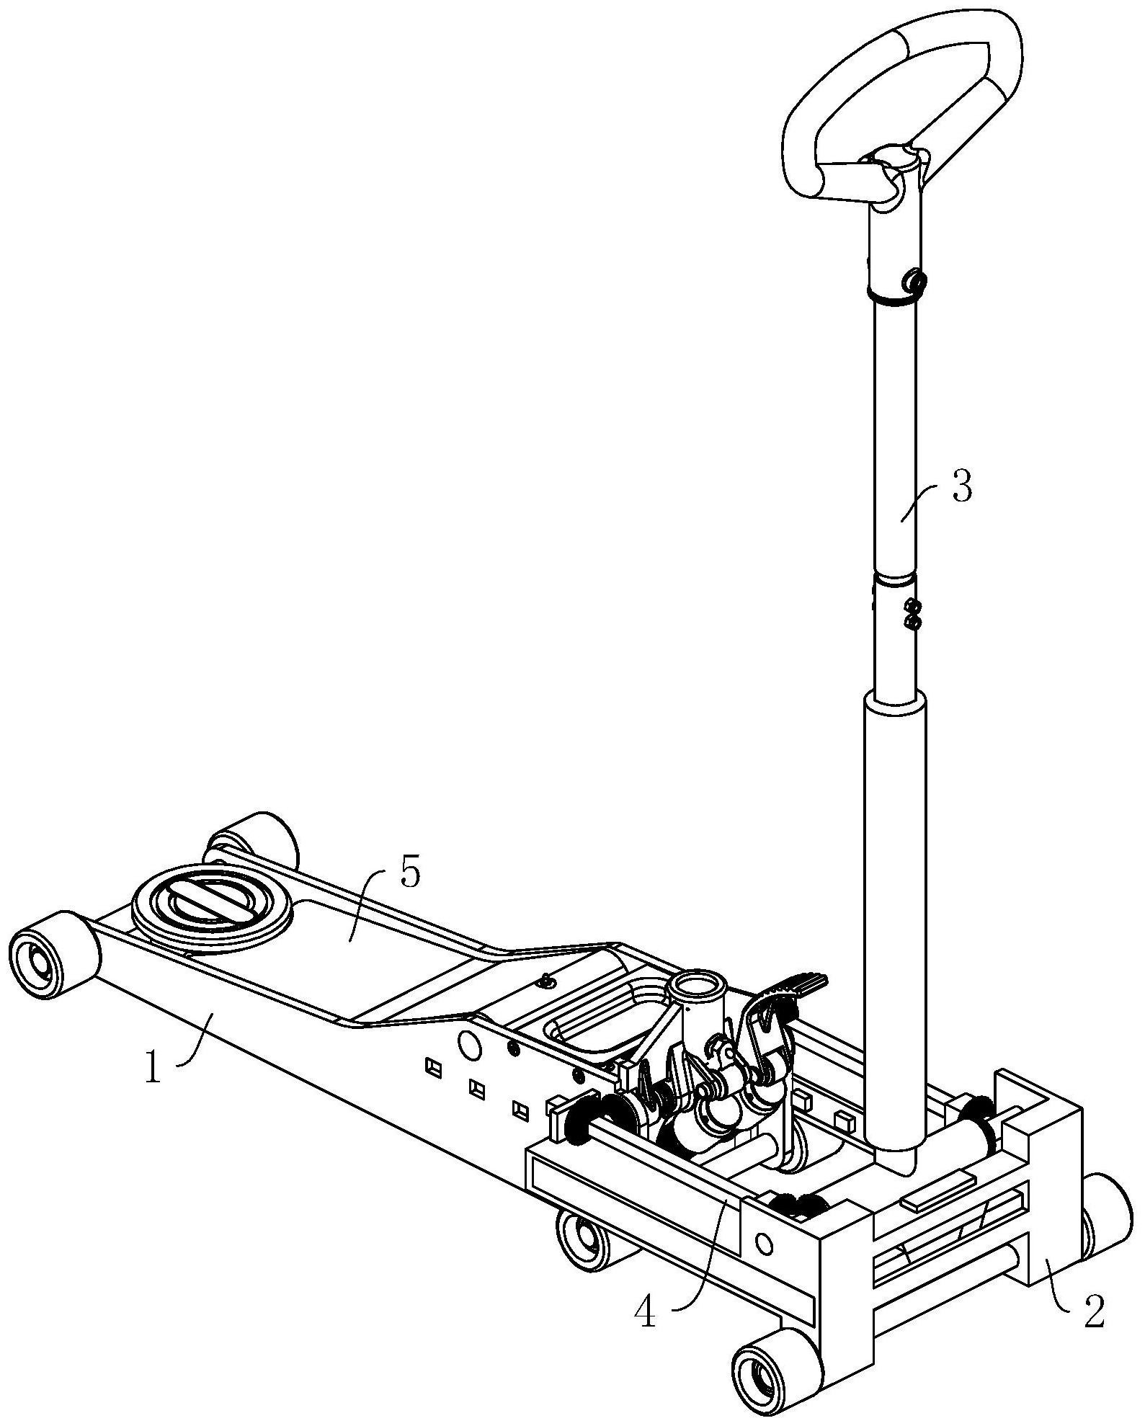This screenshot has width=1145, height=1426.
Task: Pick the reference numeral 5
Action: coord(409,874)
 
